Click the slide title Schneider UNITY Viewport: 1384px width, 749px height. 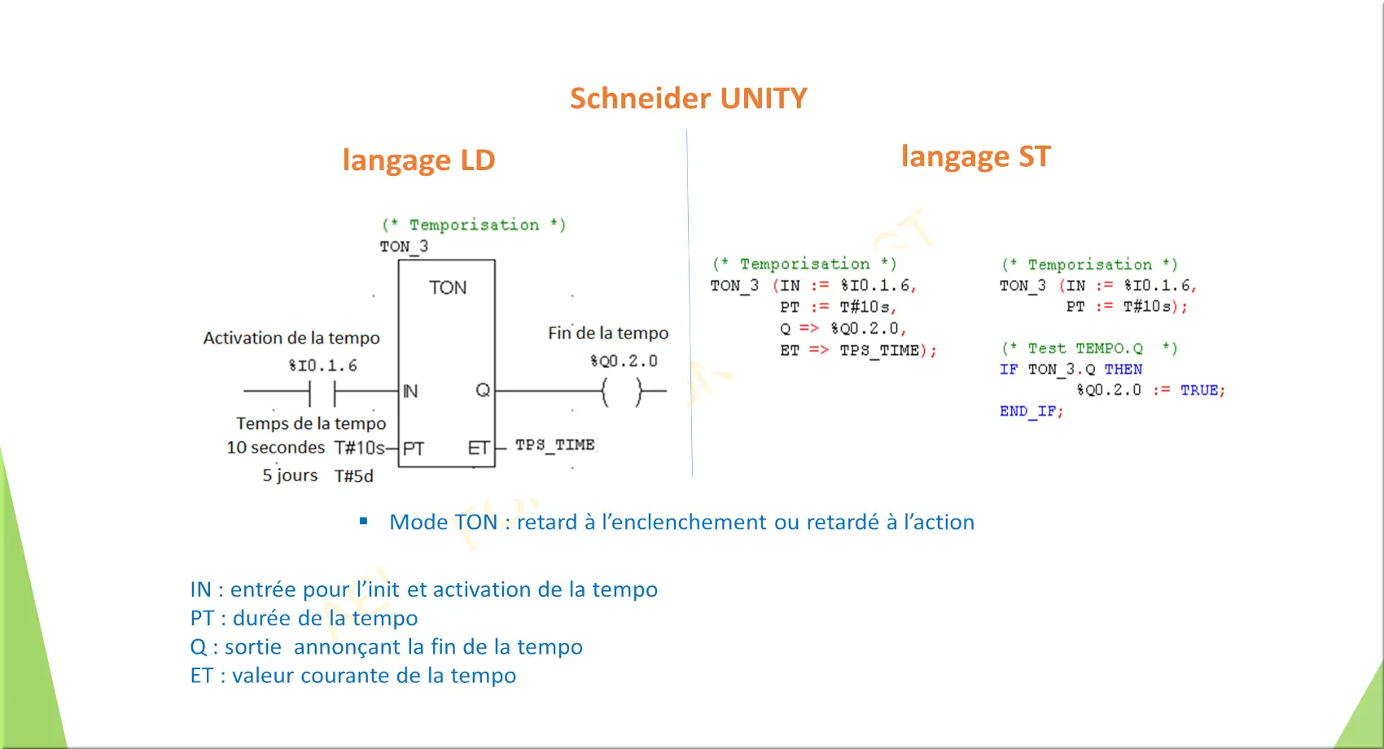688,99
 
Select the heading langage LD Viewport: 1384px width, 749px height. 419,160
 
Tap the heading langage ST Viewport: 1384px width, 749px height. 975,156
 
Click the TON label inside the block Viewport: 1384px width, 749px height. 448,287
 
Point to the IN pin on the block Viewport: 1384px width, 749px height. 410,391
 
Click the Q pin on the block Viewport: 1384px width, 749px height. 483,390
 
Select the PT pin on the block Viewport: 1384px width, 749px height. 414,448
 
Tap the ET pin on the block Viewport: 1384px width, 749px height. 479,448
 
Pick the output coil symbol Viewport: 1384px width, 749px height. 622,391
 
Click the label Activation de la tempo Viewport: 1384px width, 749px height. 291,338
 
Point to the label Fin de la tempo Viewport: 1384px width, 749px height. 608,333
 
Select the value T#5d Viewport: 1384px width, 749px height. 354,475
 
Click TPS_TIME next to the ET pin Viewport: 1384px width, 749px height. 555,445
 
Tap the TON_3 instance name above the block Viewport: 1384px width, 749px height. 404,247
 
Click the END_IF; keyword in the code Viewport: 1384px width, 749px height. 1031,412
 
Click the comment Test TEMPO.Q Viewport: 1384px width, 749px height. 1089,348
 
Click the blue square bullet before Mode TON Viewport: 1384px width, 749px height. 363,521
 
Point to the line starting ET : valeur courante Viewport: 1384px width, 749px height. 353,676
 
